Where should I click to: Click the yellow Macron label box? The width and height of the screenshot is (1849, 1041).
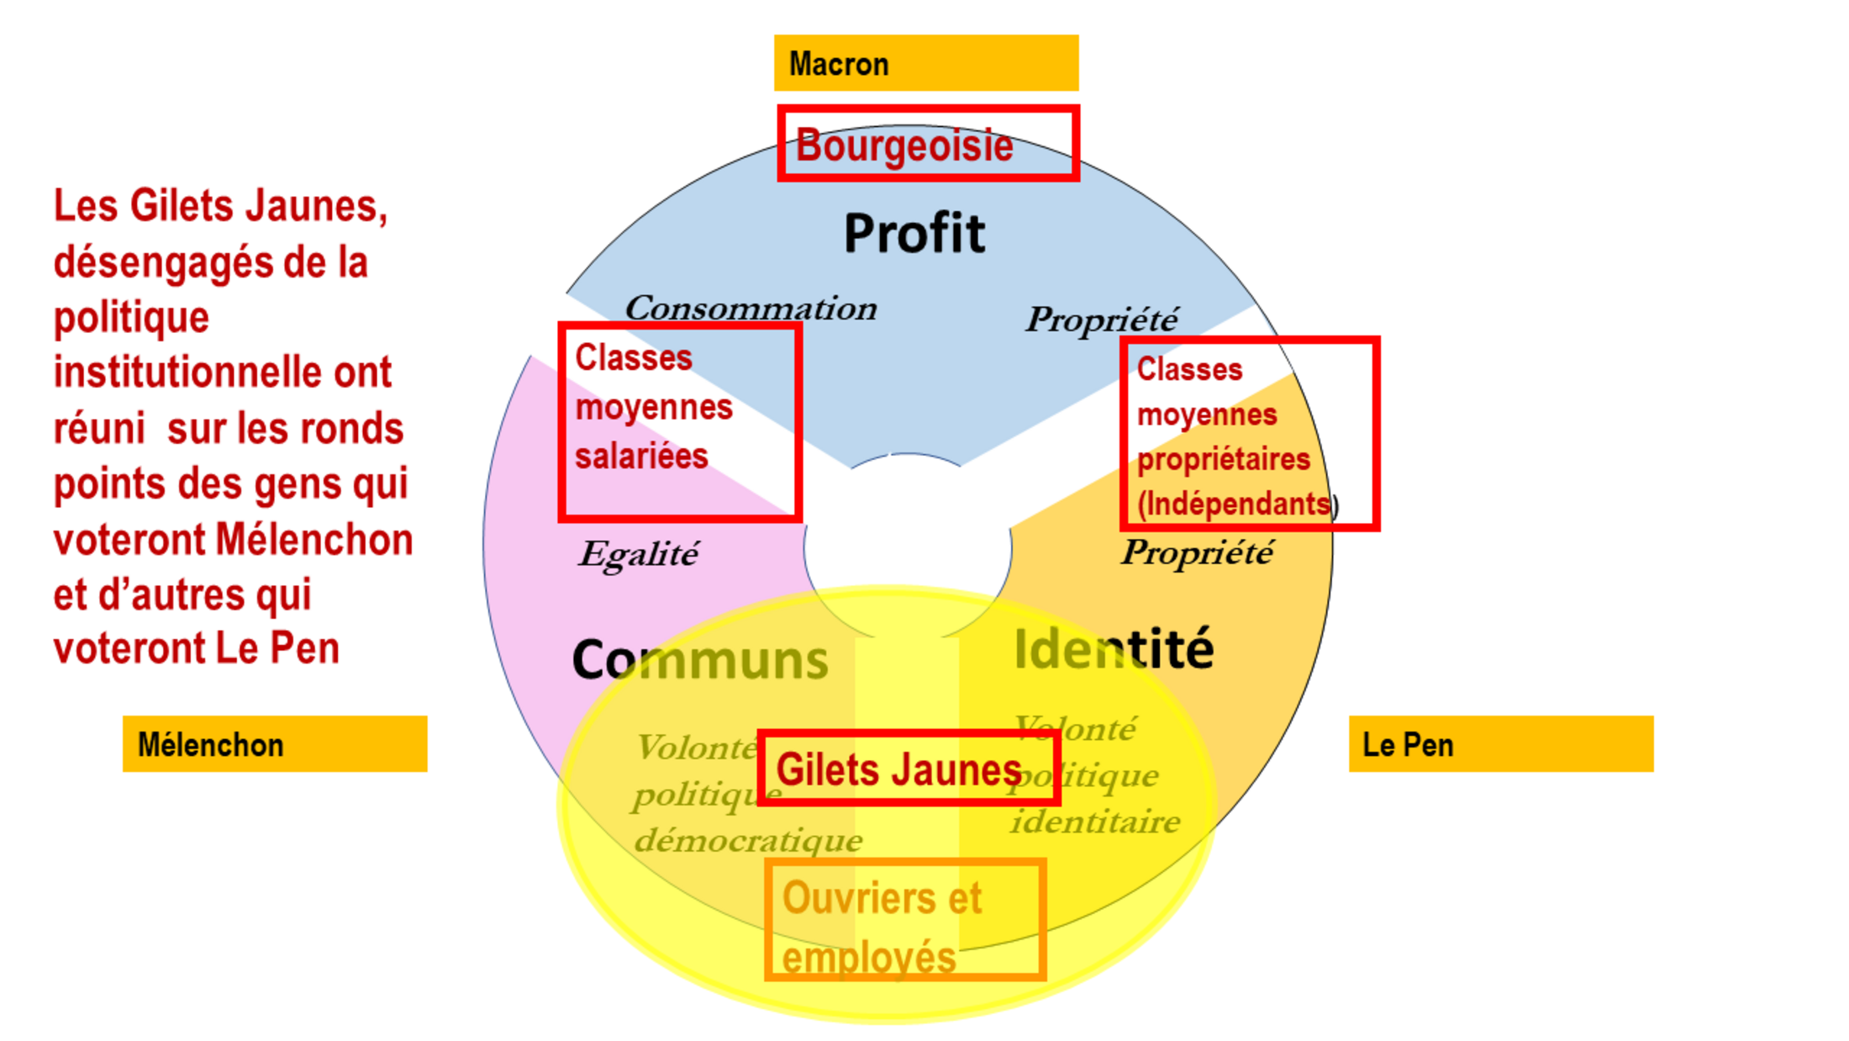click(925, 63)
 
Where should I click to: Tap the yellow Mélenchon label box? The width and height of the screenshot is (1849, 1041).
click(275, 744)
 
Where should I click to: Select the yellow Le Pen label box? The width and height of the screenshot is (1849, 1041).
click(1500, 744)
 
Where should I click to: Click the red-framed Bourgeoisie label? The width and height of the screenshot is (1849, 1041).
click(928, 144)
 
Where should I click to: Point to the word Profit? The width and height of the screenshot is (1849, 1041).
click(914, 233)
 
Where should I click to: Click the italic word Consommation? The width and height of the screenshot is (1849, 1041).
click(751, 308)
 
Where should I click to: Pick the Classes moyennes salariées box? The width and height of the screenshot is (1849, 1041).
click(679, 421)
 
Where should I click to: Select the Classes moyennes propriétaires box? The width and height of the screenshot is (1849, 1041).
click(1249, 434)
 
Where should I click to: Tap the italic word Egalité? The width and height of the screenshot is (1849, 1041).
click(638, 554)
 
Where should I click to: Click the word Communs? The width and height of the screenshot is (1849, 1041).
click(699, 660)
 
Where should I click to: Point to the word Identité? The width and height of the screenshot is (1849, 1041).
click(1114, 649)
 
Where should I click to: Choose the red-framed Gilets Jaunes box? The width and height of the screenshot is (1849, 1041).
click(908, 769)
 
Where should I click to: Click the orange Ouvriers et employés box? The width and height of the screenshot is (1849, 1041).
click(905, 919)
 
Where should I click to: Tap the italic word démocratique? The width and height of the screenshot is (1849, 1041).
click(748, 840)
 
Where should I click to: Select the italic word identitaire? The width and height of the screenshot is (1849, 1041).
click(1095, 822)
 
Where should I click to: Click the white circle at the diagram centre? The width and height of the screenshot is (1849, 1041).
click(908, 547)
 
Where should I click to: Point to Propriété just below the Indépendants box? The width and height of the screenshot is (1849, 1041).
click(1197, 552)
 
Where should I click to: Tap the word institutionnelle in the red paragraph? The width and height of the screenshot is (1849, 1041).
click(222, 373)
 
